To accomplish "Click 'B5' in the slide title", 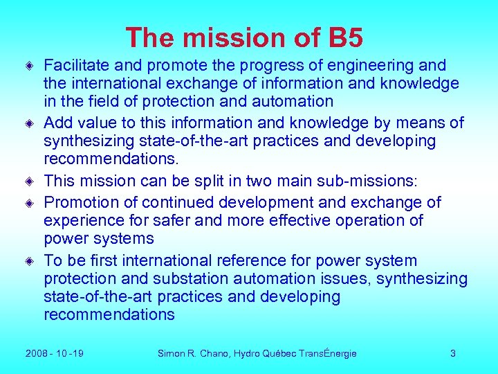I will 345,38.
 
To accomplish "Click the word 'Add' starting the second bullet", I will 58,123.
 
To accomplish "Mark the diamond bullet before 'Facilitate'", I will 30,66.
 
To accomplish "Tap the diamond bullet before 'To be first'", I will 30,262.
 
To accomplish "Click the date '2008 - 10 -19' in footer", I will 55,353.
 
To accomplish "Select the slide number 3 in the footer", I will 452,353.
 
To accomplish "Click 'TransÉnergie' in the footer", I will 328,353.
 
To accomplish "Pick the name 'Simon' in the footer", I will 171,353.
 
